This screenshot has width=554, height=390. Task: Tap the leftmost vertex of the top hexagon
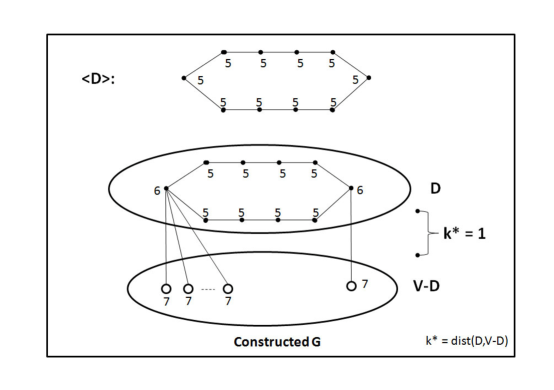182,77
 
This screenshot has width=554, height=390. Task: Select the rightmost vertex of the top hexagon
369,77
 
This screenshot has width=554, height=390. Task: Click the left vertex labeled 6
165,187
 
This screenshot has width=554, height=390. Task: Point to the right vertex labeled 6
352,187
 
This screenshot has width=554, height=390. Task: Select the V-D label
438,286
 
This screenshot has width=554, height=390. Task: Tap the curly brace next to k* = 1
429,232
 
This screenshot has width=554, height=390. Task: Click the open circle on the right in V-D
351,286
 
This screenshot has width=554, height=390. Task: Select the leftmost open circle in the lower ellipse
166,289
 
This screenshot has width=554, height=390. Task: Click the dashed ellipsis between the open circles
207,289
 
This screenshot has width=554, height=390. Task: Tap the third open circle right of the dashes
229,289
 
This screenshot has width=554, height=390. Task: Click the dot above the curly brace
417,210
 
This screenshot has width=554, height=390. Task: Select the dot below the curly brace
417,255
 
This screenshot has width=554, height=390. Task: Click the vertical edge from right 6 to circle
352,235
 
